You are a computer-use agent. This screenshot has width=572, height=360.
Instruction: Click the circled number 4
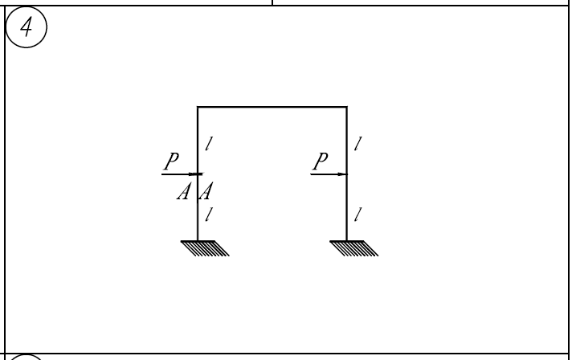click(x=27, y=27)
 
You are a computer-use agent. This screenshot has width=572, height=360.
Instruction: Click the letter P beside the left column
click(x=171, y=162)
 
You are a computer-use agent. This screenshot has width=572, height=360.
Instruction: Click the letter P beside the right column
click(x=321, y=162)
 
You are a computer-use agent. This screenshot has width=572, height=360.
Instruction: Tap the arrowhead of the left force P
click(x=195, y=174)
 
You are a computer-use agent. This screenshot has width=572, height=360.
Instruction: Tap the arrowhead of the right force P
click(x=342, y=174)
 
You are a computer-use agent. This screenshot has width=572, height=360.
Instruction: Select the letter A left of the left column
click(x=184, y=191)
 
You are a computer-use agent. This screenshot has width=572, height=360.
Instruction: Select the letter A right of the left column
click(x=206, y=191)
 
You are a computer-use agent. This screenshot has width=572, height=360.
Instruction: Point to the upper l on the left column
click(x=209, y=144)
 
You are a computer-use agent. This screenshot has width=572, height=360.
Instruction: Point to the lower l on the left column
click(x=209, y=215)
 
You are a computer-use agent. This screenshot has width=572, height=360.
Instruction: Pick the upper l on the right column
click(x=358, y=144)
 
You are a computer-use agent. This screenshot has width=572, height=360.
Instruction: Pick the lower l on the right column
click(x=358, y=215)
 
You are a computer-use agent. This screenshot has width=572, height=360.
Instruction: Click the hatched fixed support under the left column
click(x=205, y=248)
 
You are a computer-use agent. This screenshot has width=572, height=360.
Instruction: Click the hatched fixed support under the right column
click(x=353, y=248)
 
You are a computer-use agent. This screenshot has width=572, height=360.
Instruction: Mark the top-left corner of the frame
click(x=198, y=107)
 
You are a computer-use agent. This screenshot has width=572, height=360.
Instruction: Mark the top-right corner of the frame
click(x=346, y=107)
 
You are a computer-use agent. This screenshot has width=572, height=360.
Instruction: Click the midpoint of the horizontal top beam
click(x=272, y=107)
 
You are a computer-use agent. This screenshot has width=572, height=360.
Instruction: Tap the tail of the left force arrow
click(x=162, y=174)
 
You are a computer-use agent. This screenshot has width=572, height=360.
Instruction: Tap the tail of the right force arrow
click(x=311, y=174)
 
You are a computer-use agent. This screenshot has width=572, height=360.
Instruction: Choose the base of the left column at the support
click(x=198, y=241)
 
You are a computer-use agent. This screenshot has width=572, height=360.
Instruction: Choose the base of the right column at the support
click(x=346, y=241)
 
